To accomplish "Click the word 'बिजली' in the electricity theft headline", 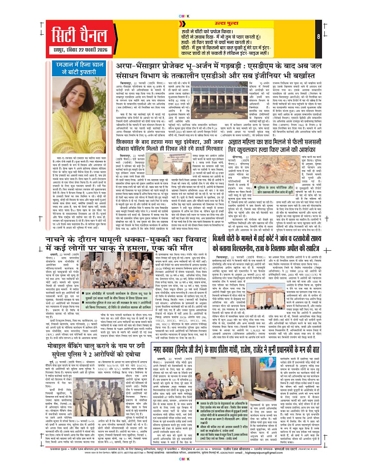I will click(x=225, y=241).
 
